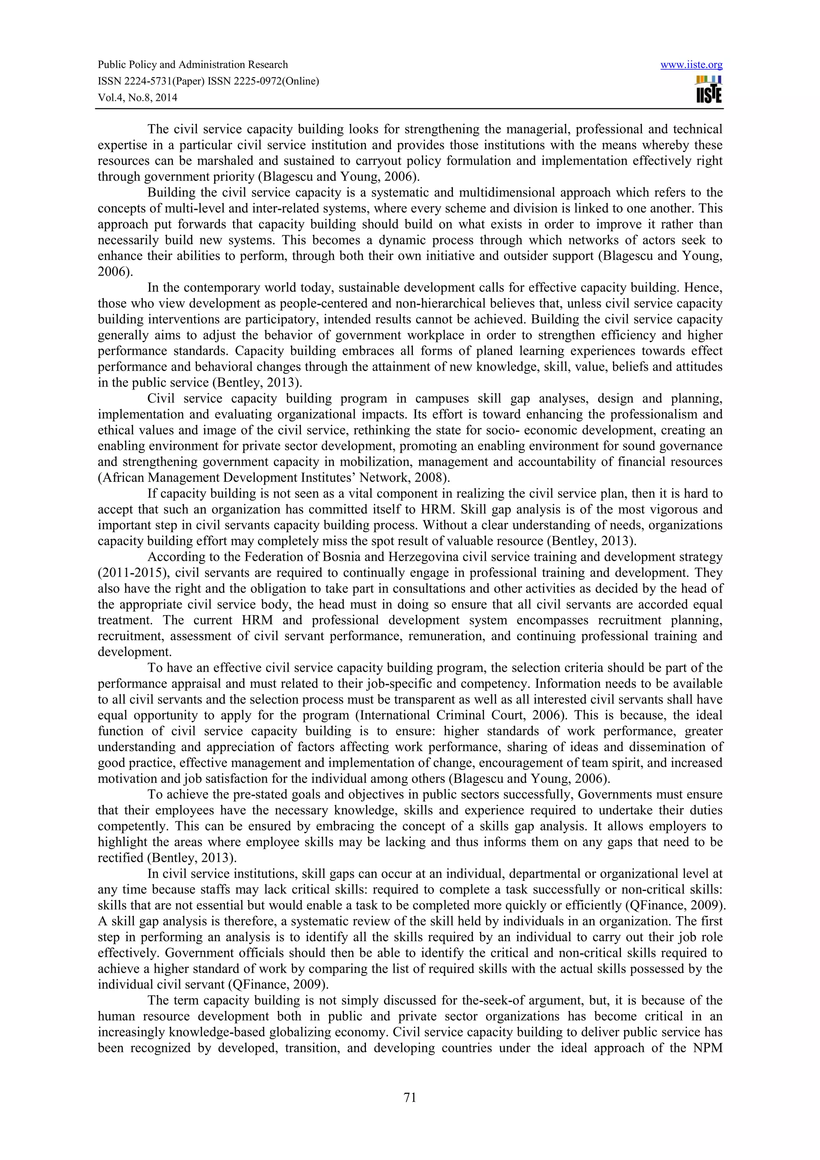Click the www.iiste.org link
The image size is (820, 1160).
point(691,65)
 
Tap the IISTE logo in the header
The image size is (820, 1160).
point(709,90)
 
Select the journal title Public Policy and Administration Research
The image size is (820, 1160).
point(193,65)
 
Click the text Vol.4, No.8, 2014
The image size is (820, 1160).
point(137,98)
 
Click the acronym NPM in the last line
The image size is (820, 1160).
point(707,1048)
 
